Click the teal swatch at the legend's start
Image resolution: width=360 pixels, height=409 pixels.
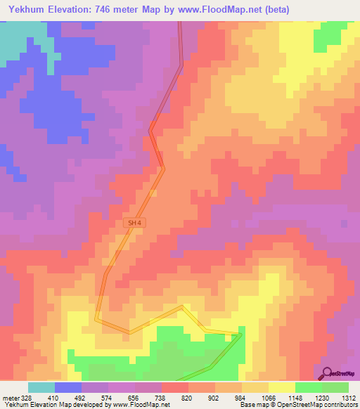pyautogui.click(x=41, y=387)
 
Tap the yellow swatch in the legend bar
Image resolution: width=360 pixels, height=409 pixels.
pyautogui.click(x=282, y=387)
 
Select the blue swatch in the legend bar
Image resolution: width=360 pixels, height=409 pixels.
pyautogui.click(x=68, y=387)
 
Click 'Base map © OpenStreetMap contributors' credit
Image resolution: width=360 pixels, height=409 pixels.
pyautogui.click(x=299, y=405)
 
